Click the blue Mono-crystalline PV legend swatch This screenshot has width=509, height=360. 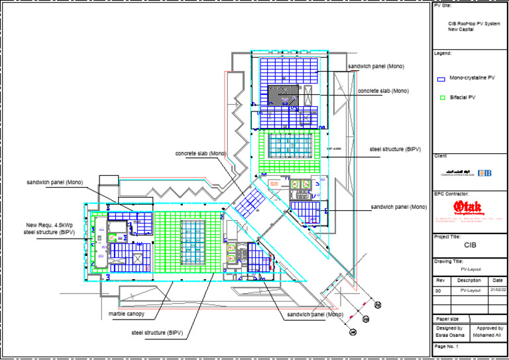point(441,78)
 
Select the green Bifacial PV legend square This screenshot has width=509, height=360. point(441,97)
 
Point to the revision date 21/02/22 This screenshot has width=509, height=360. point(498,290)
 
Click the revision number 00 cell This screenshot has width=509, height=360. point(437,290)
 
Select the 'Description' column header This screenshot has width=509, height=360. point(469,280)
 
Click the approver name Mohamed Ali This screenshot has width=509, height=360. point(487,334)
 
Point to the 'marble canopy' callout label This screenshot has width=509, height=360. point(123,313)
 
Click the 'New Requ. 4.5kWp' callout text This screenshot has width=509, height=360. point(47,225)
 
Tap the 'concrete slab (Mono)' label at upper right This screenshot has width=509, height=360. point(384,90)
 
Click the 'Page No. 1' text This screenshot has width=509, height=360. point(447,347)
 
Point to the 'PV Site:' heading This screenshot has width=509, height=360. point(443,5)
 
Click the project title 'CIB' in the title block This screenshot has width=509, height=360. point(469,244)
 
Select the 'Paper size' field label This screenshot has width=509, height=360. point(447,319)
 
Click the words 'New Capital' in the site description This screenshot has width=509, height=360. point(461,29)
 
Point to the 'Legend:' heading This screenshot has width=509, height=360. point(443,52)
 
